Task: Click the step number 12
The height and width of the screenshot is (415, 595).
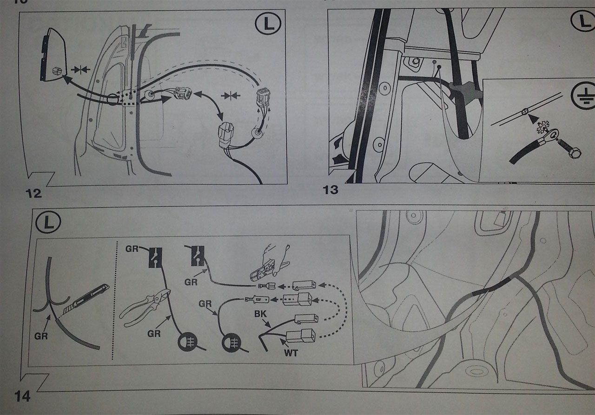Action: point(34,193)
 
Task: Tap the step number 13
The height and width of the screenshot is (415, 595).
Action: point(331,190)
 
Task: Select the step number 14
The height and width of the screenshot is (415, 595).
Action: point(23,397)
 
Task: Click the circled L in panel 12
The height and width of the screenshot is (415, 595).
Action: point(268,24)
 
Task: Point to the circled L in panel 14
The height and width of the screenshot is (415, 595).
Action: point(48,222)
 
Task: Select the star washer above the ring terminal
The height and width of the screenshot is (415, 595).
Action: point(542,127)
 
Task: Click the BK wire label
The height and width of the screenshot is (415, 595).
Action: point(260,314)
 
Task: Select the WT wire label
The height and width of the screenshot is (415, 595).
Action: point(291,353)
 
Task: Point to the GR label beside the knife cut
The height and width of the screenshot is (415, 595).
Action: point(41,336)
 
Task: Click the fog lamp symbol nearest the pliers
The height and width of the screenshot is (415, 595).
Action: point(188,343)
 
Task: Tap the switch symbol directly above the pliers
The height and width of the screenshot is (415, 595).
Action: point(155,257)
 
